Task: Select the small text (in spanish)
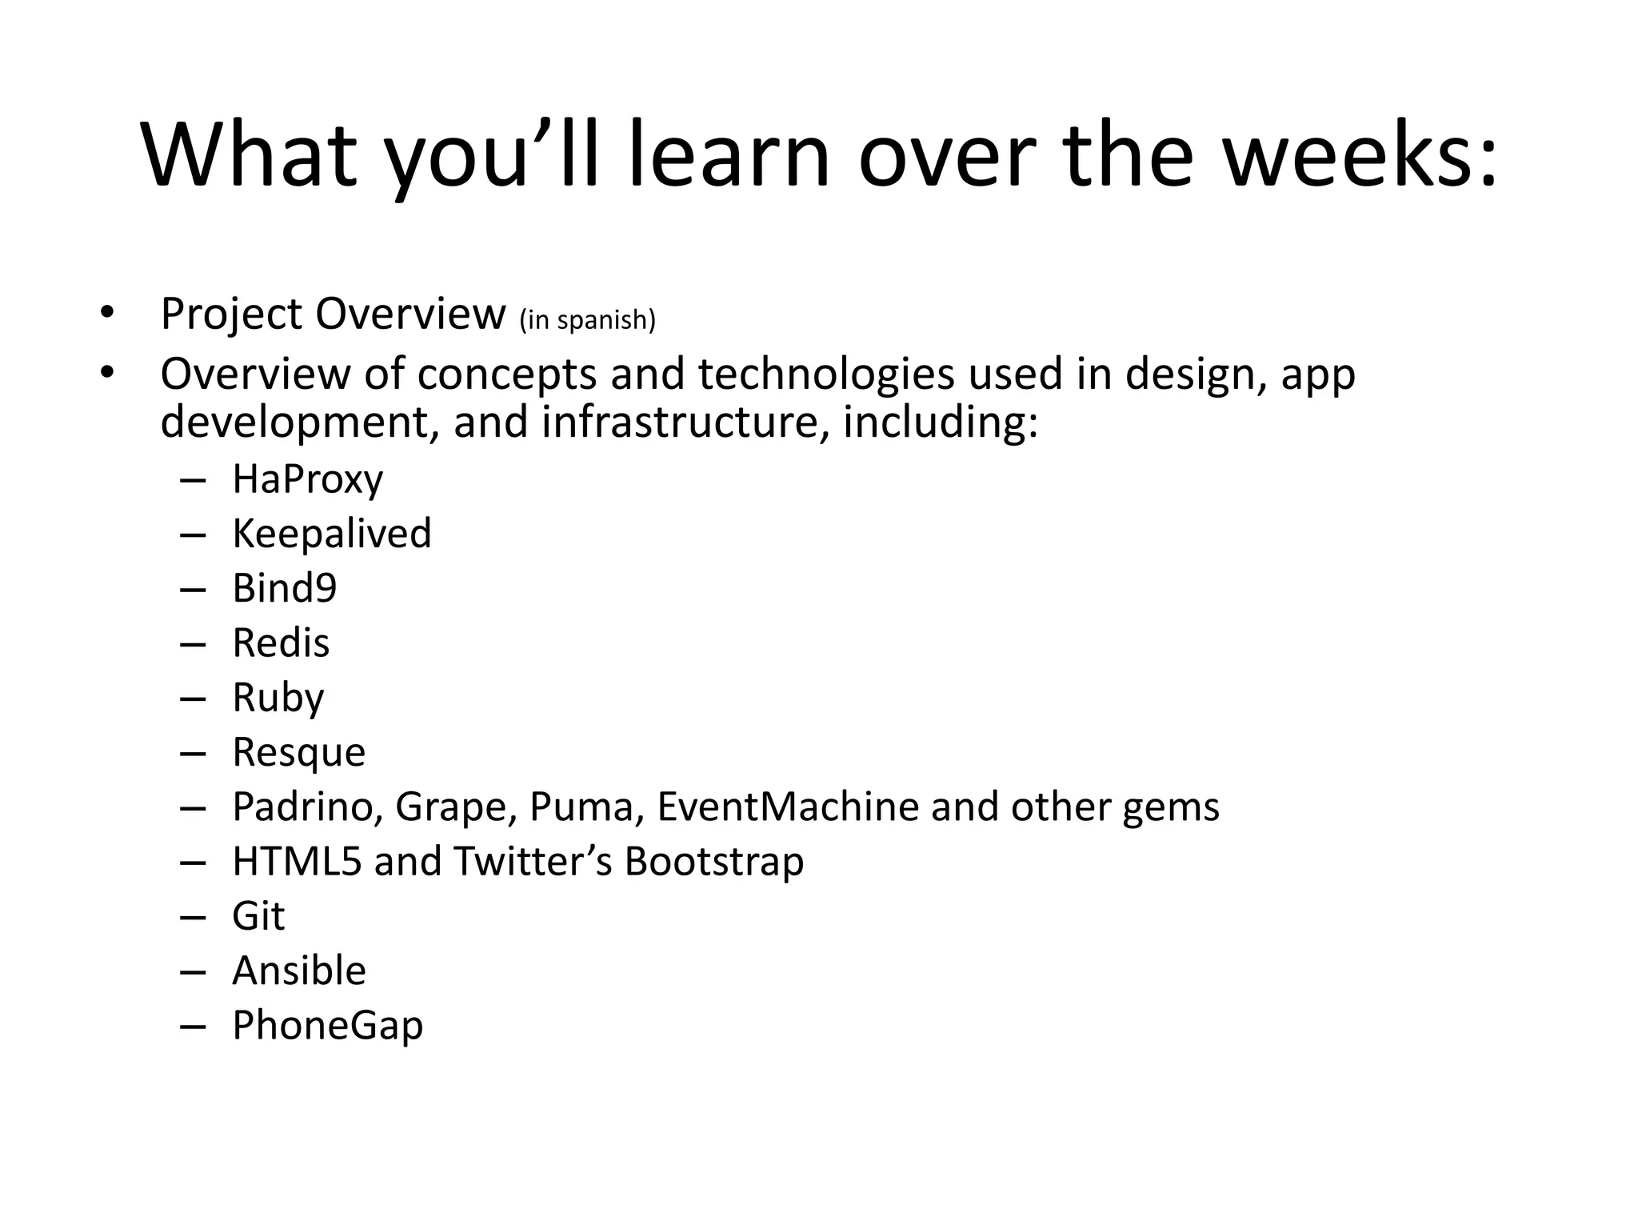pos(587,319)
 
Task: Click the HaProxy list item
pos(307,479)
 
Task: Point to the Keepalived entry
pos(331,534)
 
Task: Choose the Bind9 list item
pos(284,588)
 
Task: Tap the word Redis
pos(280,643)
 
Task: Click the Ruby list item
pos(278,698)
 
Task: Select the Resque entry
pos(298,752)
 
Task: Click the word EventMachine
pos(788,807)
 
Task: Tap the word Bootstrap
pos(713,862)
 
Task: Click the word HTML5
pos(297,862)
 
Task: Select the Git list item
pos(258,916)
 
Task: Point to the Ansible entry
pos(298,971)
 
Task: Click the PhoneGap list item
pos(327,1026)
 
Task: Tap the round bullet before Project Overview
pos(107,313)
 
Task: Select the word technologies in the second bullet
pos(826,374)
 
